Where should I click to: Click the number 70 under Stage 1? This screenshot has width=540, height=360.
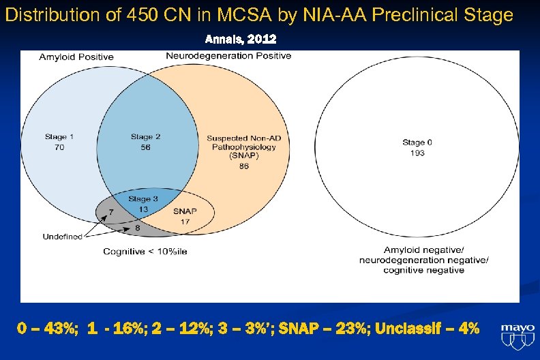pos(59,147)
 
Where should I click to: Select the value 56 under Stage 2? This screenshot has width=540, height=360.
pos(145,147)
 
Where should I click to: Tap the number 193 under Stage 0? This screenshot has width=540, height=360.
pos(417,153)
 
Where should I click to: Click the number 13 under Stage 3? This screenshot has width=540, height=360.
pos(144,209)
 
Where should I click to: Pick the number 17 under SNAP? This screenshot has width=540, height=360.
pos(185,221)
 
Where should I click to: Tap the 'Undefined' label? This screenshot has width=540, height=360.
pos(63,237)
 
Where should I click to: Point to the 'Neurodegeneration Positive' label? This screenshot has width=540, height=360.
pos(229,56)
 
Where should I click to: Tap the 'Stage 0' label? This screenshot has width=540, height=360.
pos(417,142)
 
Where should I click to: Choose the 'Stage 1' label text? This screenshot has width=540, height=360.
pos(60,137)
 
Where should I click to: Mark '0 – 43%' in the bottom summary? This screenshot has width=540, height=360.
pos(47,329)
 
